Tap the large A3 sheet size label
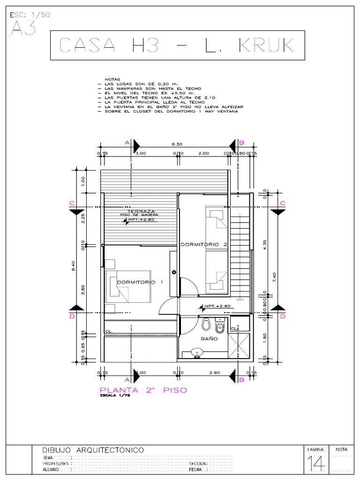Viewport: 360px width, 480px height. (x=22, y=29)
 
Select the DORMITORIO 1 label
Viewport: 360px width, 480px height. (x=140, y=282)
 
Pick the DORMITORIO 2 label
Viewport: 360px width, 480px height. (x=204, y=244)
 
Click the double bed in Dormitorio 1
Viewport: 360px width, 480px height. (x=128, y=286)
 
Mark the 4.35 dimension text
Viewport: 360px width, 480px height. (x=265, y=246)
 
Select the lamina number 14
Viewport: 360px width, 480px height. (x=317, y=464)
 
